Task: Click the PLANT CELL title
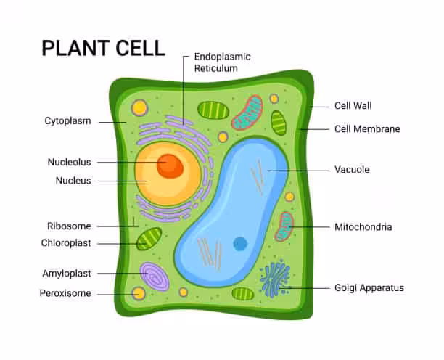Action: [x=103, y=48]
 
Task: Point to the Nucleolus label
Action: [x=70, y=162]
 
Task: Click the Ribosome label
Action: [x=69, y=226]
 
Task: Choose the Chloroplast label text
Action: [x=66, y=243]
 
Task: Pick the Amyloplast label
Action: [x=67, y=274]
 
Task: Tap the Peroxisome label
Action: [x=65, y=293]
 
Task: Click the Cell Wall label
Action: [x=353, y=106]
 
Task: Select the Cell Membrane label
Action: [x=367, y=129]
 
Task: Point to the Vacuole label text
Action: [x=352, y=170]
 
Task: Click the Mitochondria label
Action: [x=363, y=227]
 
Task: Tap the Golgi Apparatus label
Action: [x=369, y=288]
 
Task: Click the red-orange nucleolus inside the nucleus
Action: [x=170, y=165]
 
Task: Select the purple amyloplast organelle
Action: [x=154, y=277]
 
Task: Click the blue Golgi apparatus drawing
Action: [x=274, y=280]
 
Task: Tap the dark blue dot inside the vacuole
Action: [x=240, y=244]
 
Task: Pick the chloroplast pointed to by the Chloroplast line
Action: [x=149, y=239]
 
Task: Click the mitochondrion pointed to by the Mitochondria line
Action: [x=284, y=226]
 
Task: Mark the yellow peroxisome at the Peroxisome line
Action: [x=138, y=294]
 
